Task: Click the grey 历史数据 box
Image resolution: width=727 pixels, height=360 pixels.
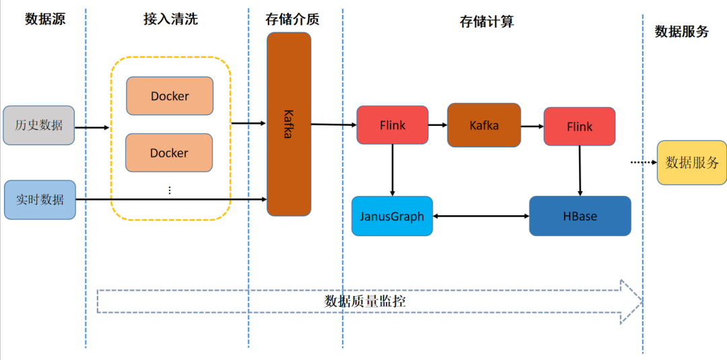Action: click(x=39, y=125)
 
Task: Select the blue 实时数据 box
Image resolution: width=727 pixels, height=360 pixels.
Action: click(x=40, y=200)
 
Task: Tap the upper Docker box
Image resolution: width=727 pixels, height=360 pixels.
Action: click(x=170, y=96)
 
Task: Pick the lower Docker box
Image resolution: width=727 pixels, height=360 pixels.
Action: click(x=170, y=153)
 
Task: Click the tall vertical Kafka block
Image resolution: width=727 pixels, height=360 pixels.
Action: click(x=289, y=124)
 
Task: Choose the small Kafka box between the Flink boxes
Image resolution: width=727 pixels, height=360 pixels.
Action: click(x=484, y=125)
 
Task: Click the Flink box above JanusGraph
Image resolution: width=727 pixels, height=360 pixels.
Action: click(x=392, y=125)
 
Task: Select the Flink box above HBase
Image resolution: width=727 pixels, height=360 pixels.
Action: click(x=580, y=127)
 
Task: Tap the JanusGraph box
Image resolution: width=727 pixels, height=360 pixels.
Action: click(x=392, y=216)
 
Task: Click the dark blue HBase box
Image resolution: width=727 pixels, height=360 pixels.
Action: click(x=580, y=216)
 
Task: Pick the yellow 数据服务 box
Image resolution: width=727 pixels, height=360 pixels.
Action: click(x=692, y=162)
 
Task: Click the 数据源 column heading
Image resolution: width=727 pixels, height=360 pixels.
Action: click(x=45, y=19)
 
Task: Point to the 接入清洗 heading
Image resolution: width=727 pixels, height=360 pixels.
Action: click(x=171, y=19)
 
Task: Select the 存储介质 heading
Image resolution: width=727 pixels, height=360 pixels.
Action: click(x=292, y=19)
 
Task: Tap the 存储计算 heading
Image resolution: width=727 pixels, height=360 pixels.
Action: click(x=487, y=22)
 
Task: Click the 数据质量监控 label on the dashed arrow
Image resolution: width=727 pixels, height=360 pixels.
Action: click(x=365, y=301)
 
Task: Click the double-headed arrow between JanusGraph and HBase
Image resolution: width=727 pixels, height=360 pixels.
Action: click(x=481, y=216)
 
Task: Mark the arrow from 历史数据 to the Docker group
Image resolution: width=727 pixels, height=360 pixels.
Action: click(x=92, y=127)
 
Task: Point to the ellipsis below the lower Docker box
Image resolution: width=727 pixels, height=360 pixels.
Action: click(x=170, y=190)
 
